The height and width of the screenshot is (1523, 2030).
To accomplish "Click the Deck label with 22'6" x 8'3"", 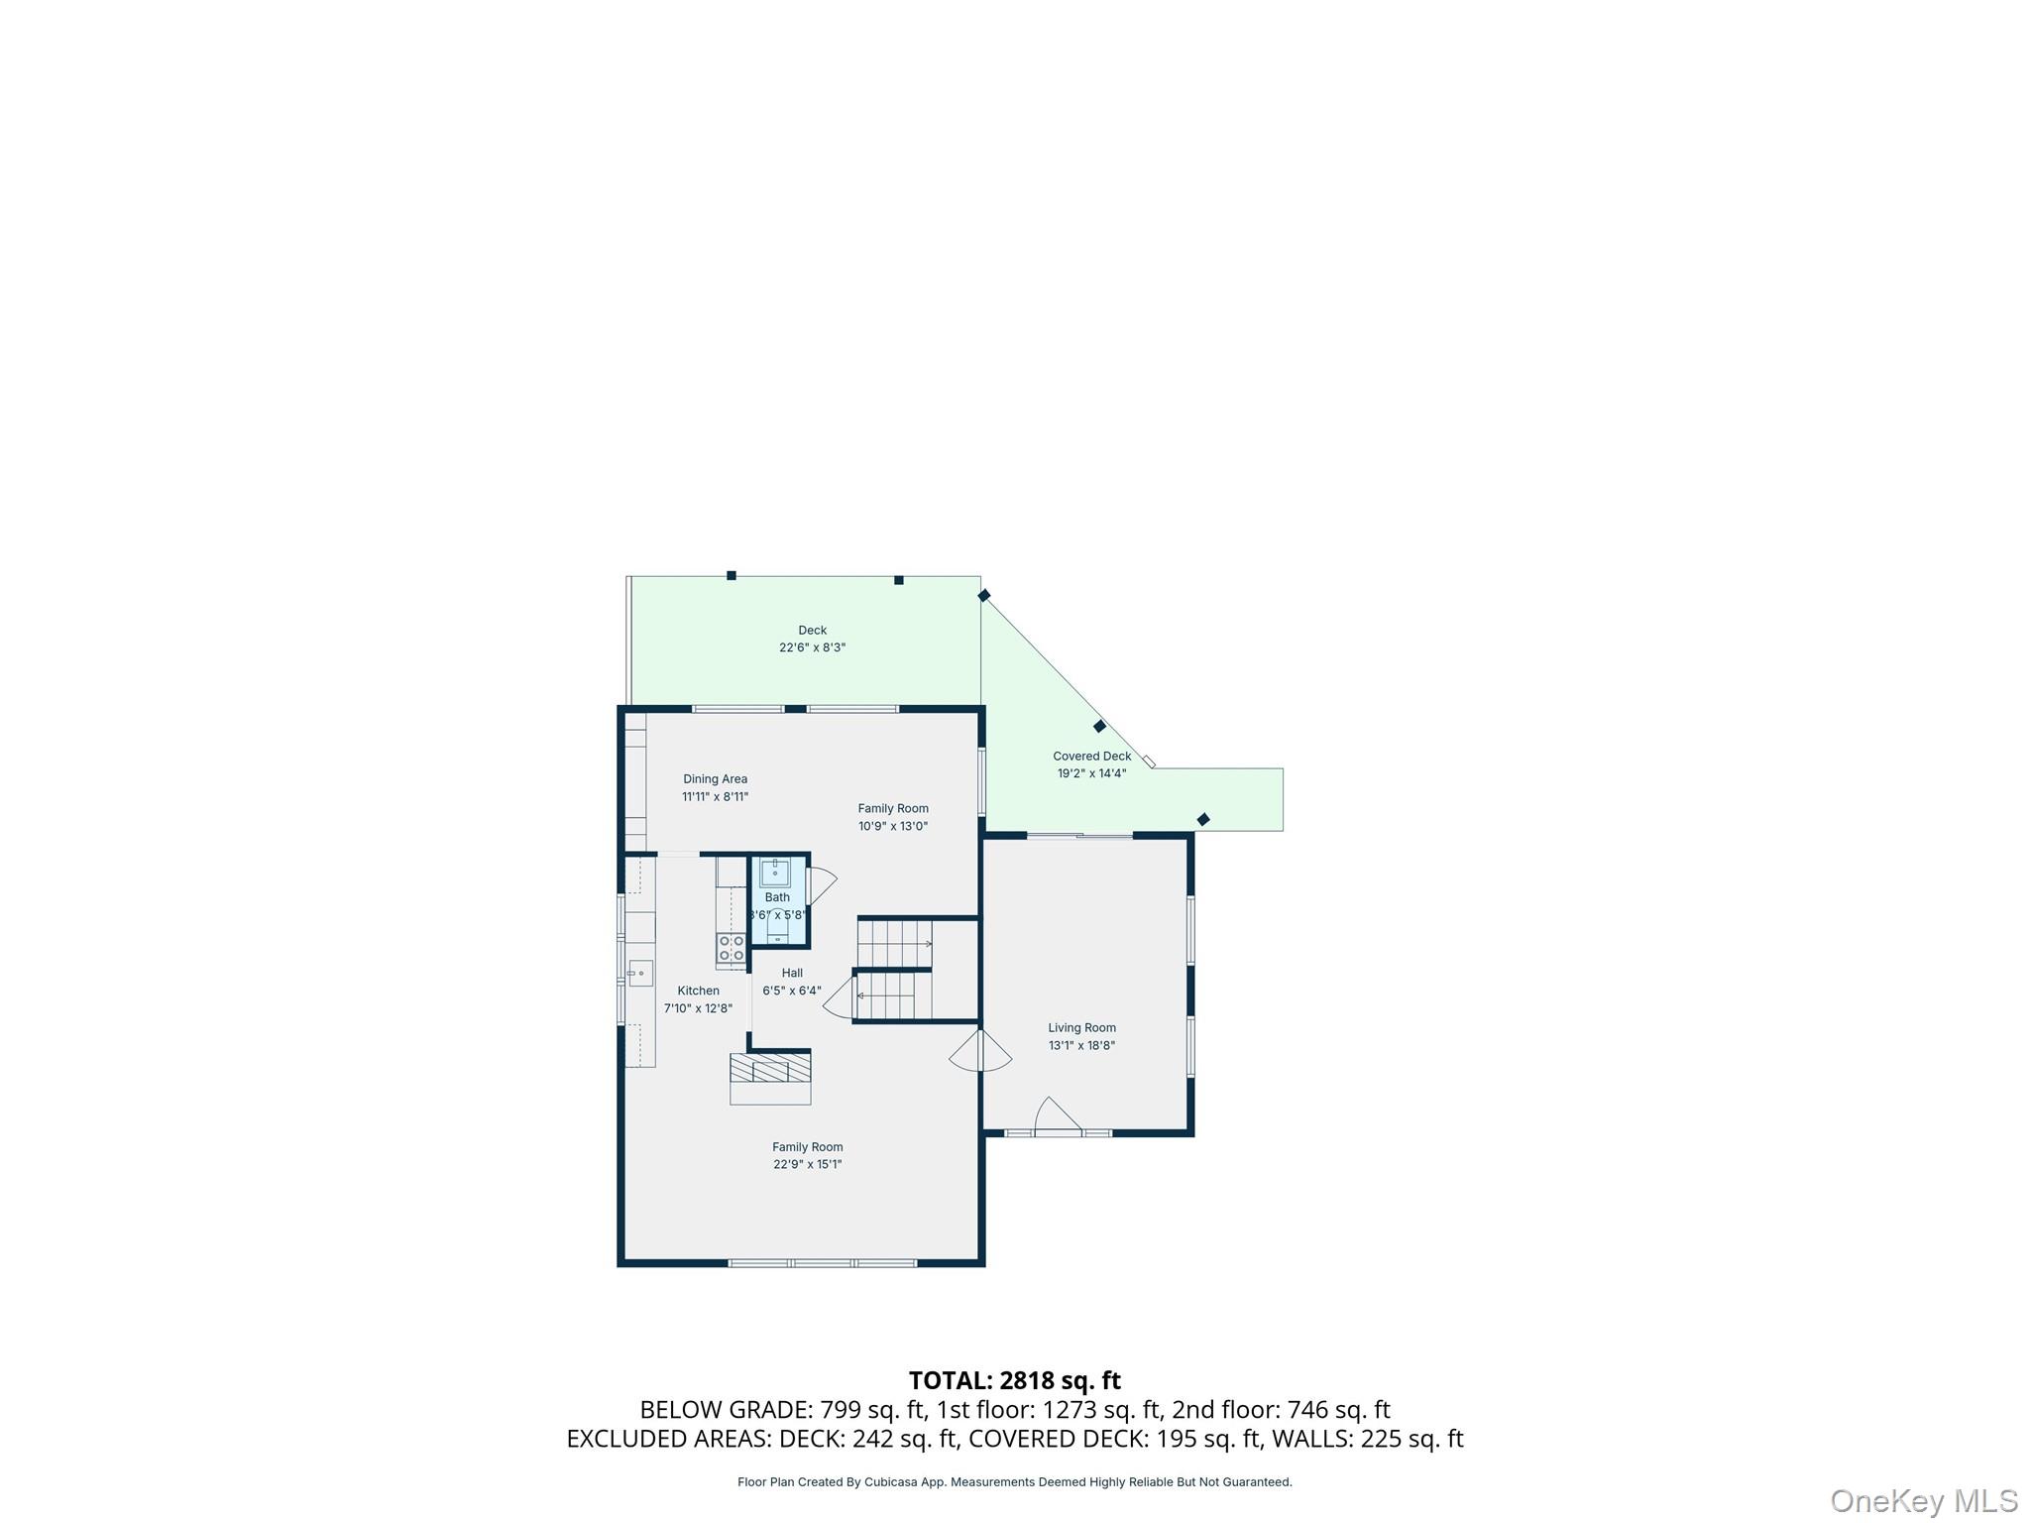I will click(812, 639).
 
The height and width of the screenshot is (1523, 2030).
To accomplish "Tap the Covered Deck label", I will click(1091, 764).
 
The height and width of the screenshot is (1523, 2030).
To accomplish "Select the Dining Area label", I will click(715, 787).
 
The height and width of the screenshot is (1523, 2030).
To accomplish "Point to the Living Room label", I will click(1081, 1036).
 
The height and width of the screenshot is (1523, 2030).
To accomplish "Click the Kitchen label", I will click(698, 998).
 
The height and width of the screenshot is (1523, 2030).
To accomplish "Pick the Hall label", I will click(792, 981).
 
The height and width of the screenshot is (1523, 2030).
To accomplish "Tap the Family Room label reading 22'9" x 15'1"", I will click(807, 1155).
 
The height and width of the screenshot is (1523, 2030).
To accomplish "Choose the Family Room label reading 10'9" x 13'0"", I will click(893, 817).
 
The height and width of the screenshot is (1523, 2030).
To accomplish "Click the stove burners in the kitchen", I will click(731, 948).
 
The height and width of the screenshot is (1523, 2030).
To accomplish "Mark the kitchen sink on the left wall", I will click(640, 973).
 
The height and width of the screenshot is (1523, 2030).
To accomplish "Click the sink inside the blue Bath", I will click(774, 873).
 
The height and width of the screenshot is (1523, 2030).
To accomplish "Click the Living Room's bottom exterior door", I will click(1057, 1116).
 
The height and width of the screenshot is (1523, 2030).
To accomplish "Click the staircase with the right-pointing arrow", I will click(894, 942).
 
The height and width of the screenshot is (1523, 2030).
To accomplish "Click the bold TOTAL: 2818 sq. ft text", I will click(1014, 1380).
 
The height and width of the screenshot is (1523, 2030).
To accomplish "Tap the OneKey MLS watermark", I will click(1923, 1500).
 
